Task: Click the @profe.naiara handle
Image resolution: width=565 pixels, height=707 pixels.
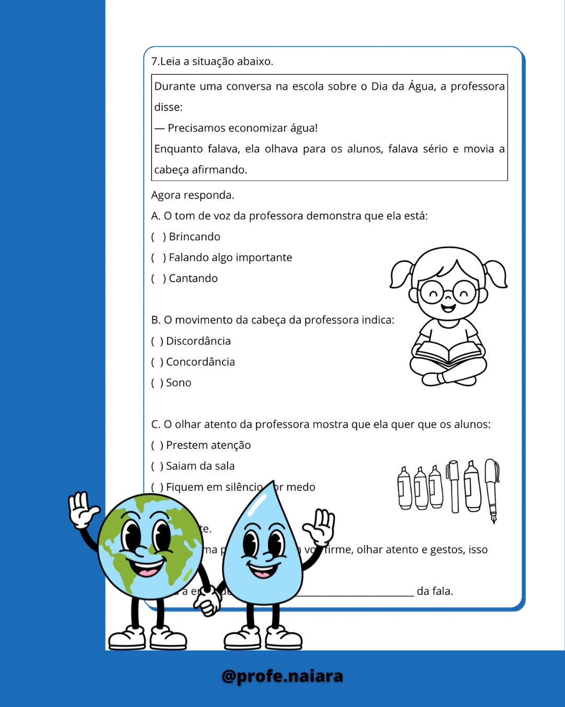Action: point(282,676)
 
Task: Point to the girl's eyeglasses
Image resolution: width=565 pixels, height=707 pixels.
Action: point(448,292)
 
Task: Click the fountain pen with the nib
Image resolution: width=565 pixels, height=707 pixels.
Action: point(492,490)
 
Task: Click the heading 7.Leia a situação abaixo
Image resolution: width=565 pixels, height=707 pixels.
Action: point(212,61)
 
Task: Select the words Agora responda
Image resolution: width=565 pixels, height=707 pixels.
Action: point(193,195)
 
